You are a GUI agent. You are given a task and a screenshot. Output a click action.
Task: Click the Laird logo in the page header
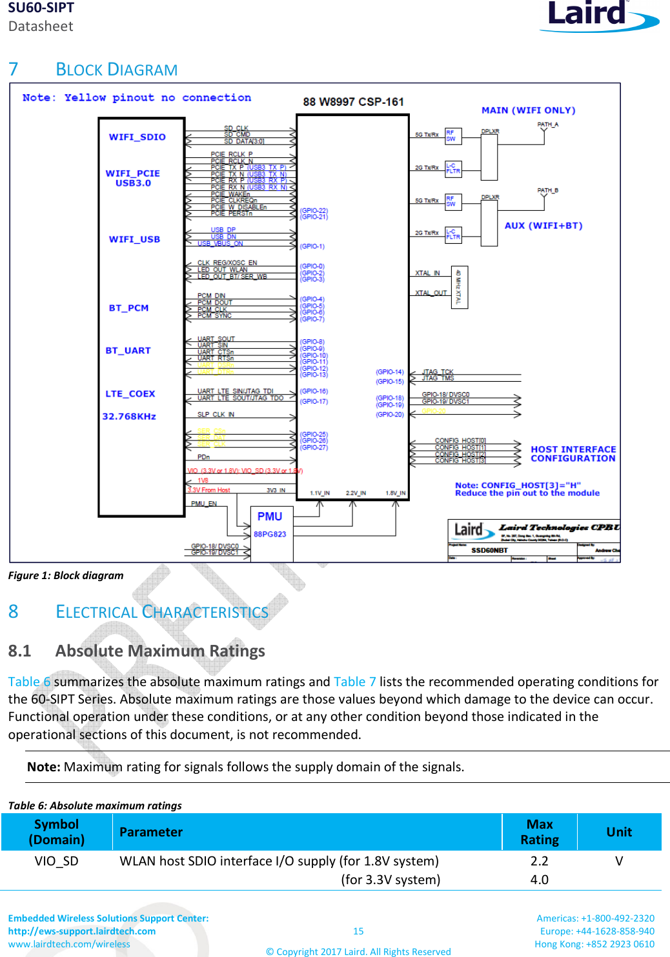pos(598,15)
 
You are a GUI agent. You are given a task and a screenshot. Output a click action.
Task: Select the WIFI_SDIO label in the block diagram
pos(137,137)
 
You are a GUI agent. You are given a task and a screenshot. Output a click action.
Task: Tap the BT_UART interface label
pos(128,351)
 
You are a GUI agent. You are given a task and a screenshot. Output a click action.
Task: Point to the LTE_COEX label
pos(130,394)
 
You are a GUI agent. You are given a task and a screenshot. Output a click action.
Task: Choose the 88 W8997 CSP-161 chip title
pos(353,102)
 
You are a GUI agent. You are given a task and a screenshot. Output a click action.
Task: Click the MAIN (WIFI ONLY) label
pos(528,110)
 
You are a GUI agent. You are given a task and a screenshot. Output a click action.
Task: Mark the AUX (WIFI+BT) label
pos(543,226)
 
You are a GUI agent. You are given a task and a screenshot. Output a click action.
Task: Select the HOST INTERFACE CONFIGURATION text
pos(573,454)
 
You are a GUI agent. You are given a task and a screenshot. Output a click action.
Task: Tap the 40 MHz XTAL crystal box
pos(459,287)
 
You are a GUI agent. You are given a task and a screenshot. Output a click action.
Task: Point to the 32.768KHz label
pos(129,417)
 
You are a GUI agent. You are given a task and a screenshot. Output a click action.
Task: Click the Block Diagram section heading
pos(116,70)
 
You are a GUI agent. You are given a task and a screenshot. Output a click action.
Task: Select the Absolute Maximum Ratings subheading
pos(159,651)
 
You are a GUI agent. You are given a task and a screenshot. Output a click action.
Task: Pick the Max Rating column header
pos(539,832)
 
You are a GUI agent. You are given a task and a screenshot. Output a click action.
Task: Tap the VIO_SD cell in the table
pos(56,861)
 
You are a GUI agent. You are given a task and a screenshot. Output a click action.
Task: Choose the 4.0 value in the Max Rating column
pos(539,880)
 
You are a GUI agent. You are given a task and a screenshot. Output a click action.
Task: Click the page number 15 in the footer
pos(358,931)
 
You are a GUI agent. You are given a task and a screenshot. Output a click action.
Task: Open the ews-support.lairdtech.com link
pos(82,931)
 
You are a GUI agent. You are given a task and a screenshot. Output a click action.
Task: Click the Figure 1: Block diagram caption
pos(66,575)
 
